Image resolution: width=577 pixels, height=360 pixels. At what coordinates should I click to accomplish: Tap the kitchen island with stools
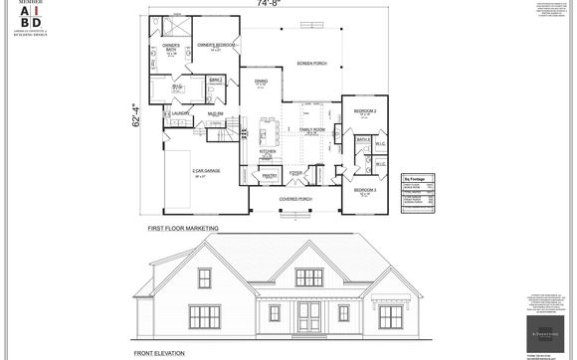[267, 131]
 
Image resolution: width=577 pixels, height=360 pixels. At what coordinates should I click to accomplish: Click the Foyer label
[295, 173]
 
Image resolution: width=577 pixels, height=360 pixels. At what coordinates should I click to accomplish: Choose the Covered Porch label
[295, 199]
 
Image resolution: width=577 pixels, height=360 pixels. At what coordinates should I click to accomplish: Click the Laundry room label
[180, 113]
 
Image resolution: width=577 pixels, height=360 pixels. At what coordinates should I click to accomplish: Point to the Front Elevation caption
[162, 353]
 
